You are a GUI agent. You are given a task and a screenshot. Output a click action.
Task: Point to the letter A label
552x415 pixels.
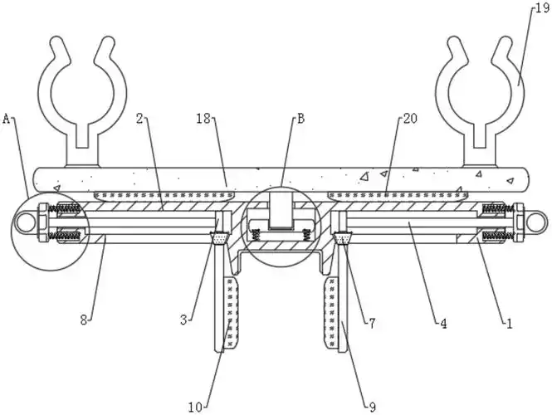coord(7,120)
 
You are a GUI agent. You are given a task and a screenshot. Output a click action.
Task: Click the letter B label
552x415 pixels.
coord(300,119)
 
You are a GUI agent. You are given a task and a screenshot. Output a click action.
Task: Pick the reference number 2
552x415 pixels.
coord(140,119)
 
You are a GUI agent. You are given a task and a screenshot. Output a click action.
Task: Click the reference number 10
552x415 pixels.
coord(195,406)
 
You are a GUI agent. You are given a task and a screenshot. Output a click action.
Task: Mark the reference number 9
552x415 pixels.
coord(372,406)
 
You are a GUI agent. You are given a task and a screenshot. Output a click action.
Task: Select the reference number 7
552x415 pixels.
coord(371,323)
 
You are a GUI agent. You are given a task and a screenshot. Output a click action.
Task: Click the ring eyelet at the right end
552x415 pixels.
coord(535,223)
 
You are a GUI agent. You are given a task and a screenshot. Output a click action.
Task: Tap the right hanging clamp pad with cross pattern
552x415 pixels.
coord(330,313)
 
